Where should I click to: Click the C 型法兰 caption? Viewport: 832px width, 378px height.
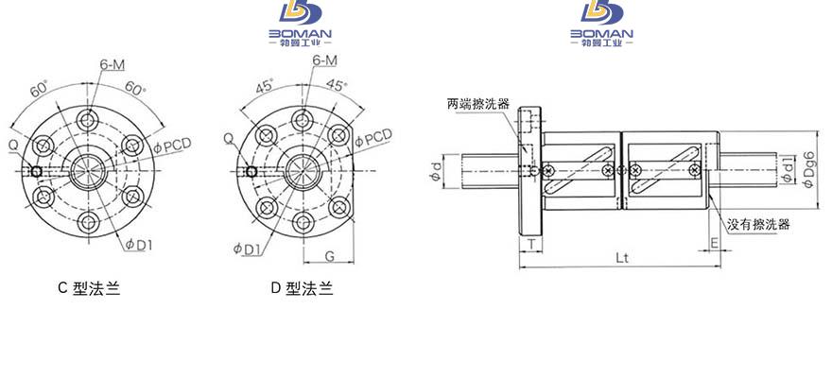(89, 288)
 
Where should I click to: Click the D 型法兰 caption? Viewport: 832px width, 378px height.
(302, 288)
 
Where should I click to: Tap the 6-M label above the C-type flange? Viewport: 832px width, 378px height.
(112, 64)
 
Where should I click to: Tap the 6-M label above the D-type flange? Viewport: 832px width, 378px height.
(324, 60)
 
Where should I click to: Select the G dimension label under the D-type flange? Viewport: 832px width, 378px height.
(330, 257)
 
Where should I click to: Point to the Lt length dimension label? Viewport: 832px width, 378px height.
(622, 258)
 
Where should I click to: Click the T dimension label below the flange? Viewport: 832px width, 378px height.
(531, 245)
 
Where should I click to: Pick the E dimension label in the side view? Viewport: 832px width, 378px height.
(714, 244)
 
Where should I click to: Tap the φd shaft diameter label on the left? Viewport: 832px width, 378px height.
(436, 171)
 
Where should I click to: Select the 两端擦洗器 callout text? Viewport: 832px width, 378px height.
(478, 104)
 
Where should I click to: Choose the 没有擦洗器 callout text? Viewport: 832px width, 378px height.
(758, 224)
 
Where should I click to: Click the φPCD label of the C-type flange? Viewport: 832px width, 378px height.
(172, 146)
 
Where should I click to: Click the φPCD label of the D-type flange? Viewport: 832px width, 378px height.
(373, 137)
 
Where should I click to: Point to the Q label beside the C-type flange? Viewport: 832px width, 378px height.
(13, 145)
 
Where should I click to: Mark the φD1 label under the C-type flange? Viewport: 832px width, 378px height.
(139, 245)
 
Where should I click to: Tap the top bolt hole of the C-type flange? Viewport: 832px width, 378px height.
(88, 119)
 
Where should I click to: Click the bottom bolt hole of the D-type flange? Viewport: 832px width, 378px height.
(303, 223)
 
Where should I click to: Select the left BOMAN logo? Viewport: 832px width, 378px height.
(301, 24)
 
